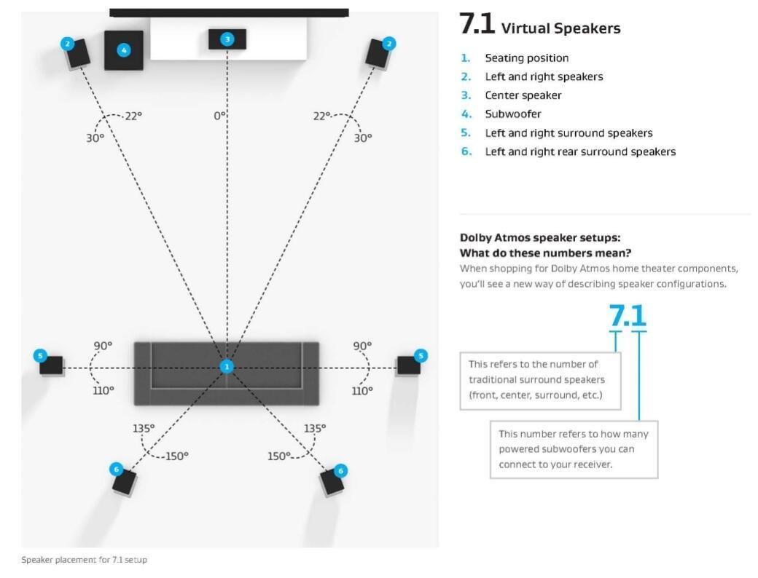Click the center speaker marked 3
tap(227, 39)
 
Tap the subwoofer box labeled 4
tap(124, 50)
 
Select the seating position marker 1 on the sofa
tap(227, 367)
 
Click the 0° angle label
tap(220, 116)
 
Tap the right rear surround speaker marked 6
tap(333, 482)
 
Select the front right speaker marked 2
tap(379, 53)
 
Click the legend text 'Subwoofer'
tap(513, 114)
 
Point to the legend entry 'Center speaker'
tap(523, 95)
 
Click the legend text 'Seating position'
tap(527, 58)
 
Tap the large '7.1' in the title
tap(477, 25)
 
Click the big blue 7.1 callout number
tap(628, 315)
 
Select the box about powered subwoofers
tap(574, 449)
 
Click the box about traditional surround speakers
tap(539, 380)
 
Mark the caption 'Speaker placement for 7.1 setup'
tap(85, 560)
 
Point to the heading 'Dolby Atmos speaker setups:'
tap(540, 238)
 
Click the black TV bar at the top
tap(229, 12)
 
